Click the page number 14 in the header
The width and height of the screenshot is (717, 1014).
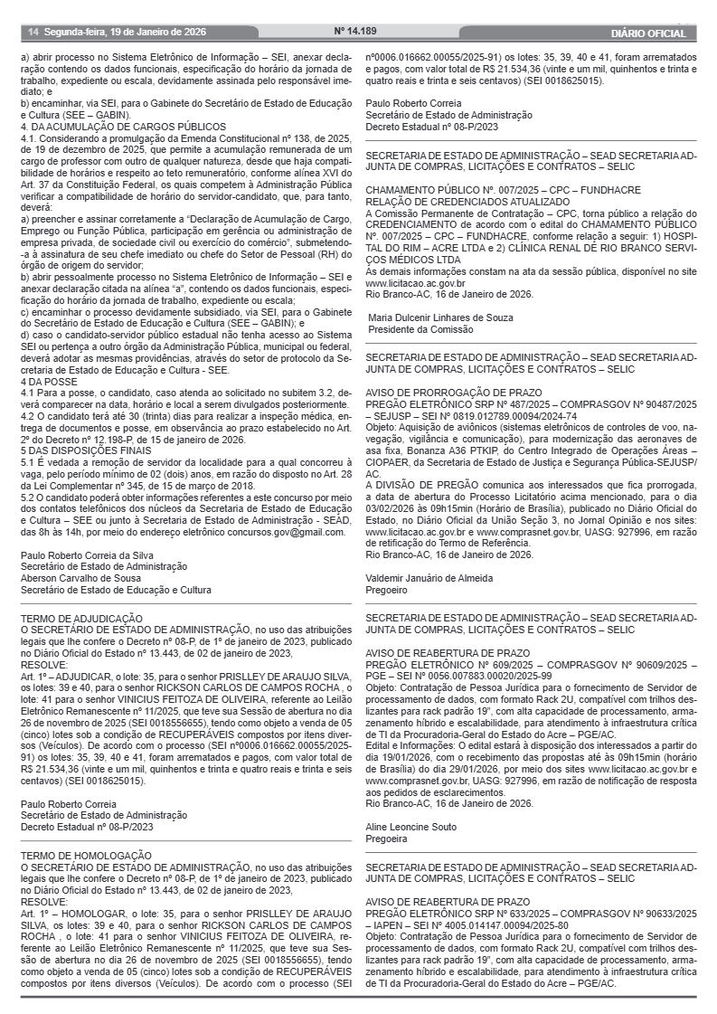33,32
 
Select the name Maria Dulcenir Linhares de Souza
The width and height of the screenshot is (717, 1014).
440,318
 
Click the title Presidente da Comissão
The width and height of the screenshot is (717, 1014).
420,330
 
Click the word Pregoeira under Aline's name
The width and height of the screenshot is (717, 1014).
387,839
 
